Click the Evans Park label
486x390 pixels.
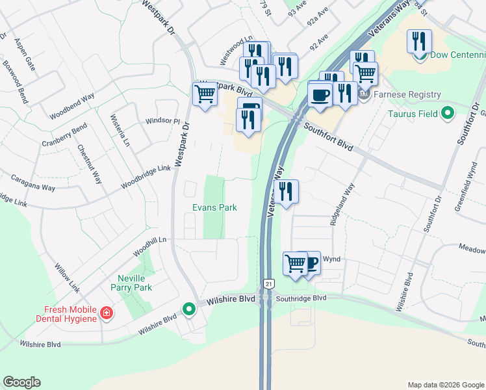click(214, 207)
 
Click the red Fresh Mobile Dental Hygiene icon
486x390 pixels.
click(106, 315)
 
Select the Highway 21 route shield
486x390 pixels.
click(267, 283)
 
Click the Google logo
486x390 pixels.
click(21, 382)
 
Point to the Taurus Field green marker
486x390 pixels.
click(447, 114)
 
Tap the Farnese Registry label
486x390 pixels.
click(406, 95)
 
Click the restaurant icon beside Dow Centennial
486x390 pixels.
click(419, 41)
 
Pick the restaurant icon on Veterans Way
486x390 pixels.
click(285, 191)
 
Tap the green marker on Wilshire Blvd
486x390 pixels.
click(188, 309)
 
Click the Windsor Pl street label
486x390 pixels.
click(162, 121)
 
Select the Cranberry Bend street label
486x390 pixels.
click(64, 136)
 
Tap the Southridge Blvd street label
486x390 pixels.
click(300, 298)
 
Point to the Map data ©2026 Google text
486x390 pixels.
click(446, 385)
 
